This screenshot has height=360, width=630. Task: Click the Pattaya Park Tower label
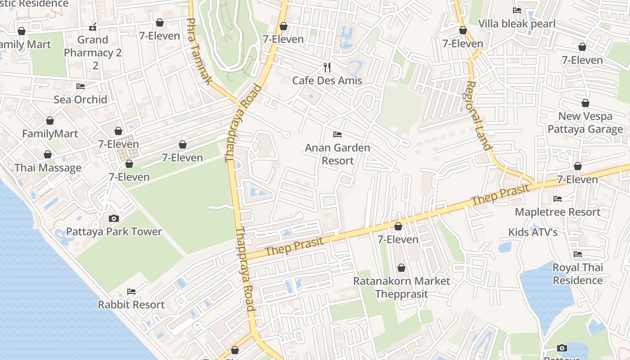point(114,232)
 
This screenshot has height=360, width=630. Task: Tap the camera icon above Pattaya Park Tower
point(114,219)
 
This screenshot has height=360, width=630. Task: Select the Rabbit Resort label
point(131,305)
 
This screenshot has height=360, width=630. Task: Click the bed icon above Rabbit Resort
point(131,292)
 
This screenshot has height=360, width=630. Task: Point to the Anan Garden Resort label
point(337,154)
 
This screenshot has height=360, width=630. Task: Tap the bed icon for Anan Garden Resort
point(337,135)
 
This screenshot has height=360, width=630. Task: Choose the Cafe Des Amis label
point(327,81)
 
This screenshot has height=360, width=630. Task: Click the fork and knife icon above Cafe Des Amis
point(327,67)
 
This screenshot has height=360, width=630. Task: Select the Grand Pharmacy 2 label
point(93,53)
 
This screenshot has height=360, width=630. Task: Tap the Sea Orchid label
point(81,99)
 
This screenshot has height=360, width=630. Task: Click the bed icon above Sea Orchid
point(81,86)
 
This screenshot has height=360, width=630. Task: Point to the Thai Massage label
point(48,168)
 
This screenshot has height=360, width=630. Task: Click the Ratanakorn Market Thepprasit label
point(401,287)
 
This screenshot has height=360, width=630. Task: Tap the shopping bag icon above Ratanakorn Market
point(401,268)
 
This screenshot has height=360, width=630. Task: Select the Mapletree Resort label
point(558,212)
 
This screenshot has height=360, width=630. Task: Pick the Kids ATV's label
point(533,232)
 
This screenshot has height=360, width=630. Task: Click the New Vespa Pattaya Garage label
point(585,123)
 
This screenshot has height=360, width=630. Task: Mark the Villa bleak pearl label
point(517,24)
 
